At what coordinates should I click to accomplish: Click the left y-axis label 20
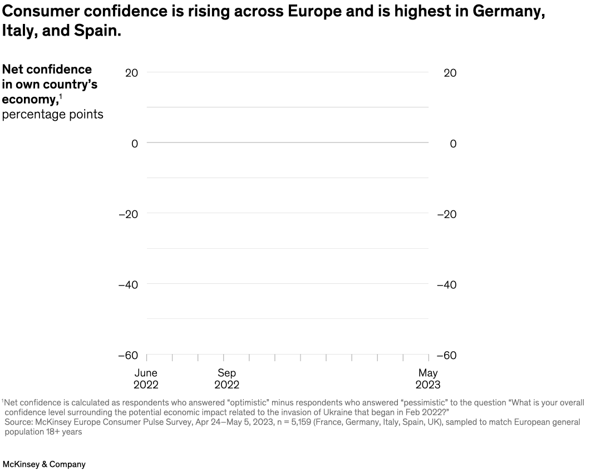click(131, 73)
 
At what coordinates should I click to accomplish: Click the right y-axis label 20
click(450, 73)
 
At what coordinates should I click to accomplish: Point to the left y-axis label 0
click(135, 144)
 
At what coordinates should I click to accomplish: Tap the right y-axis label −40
click(447, 285)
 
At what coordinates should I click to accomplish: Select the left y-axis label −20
click(128, 214)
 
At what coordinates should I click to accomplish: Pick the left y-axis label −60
click(128, 356)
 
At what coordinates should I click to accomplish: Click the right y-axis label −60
click(447, 356)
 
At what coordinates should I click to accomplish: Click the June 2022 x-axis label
click(146, 379)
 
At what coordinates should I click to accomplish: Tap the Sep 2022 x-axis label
click(226, 379)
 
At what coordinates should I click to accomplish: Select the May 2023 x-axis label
click(428, 379)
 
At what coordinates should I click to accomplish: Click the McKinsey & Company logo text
click(45, 464)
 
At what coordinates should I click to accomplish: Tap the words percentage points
click(52, 115)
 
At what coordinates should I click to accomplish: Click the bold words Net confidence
click(47, 70)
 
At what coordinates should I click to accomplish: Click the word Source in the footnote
click(18, 422)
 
